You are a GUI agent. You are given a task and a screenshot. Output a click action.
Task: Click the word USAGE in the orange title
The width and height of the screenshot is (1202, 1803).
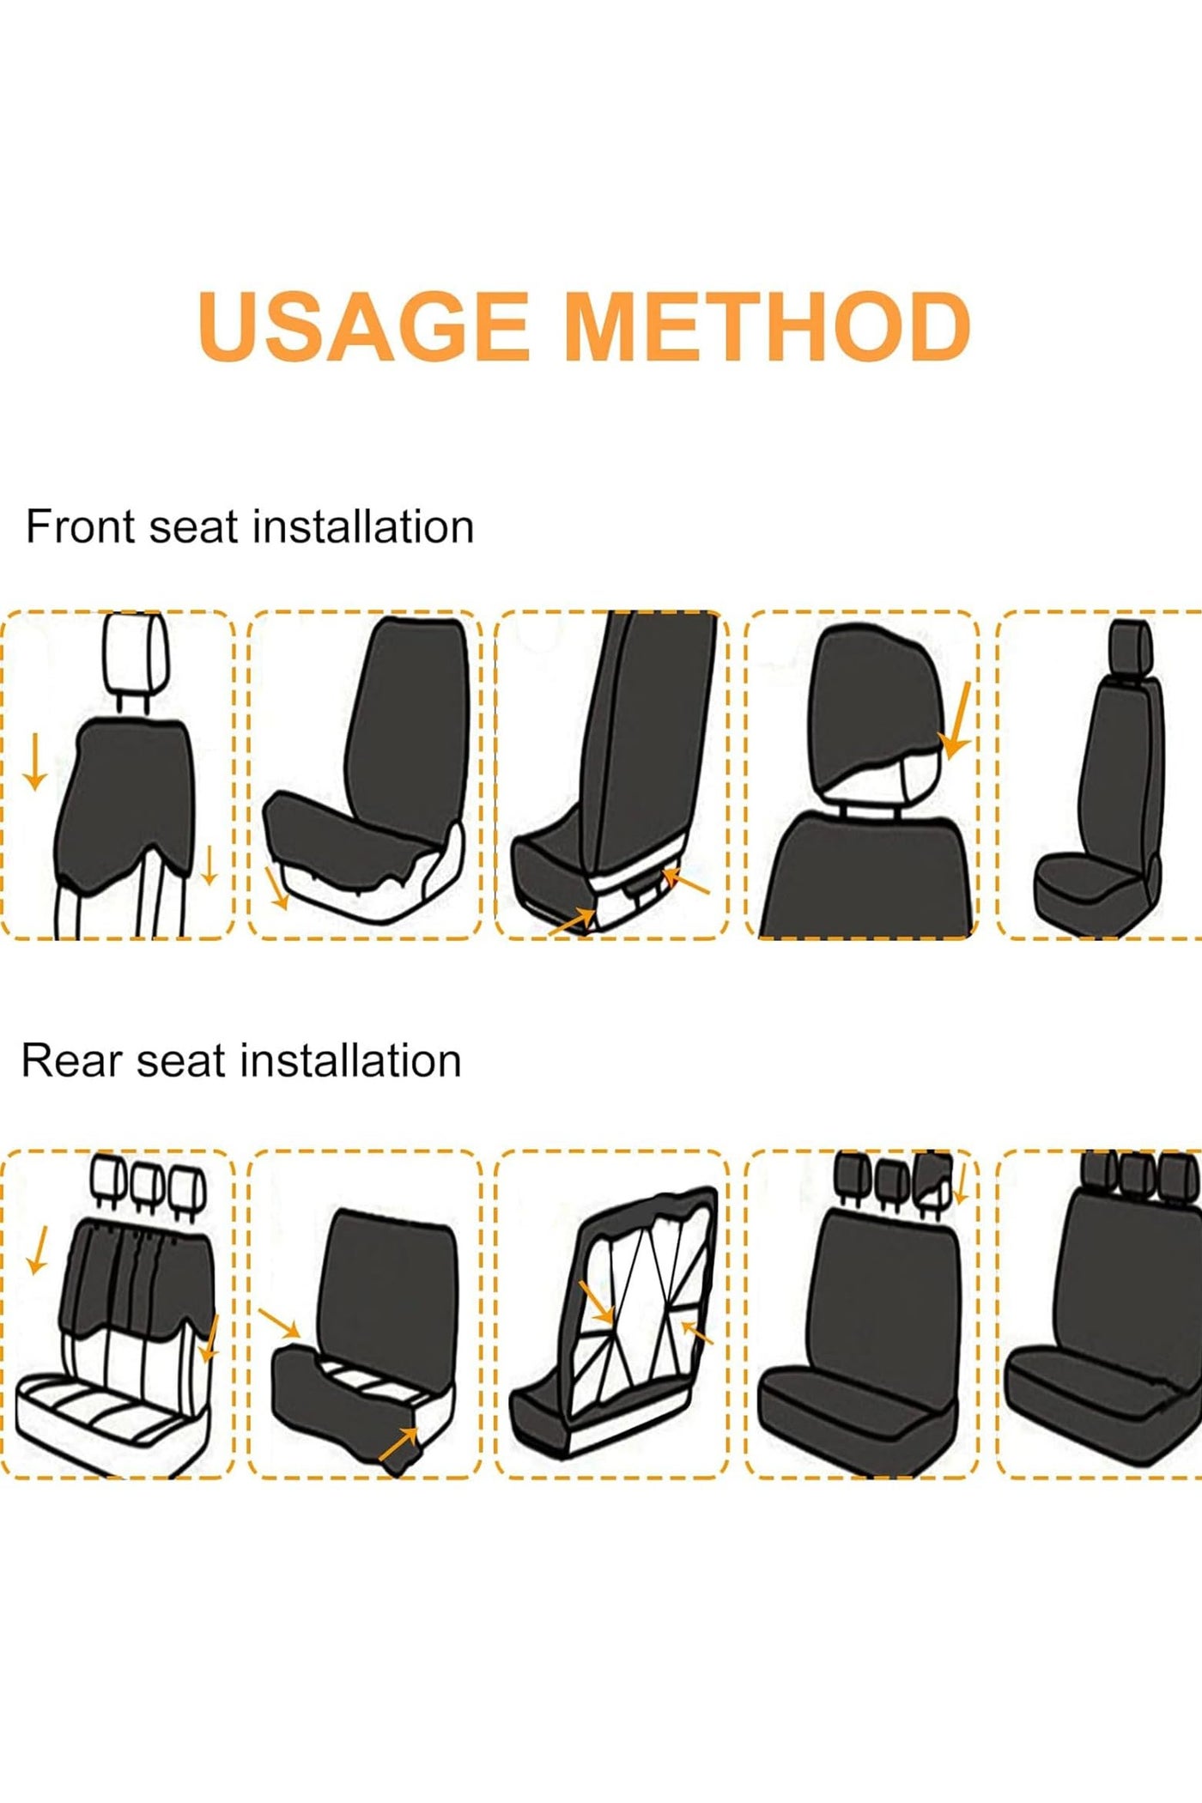click(364, 326)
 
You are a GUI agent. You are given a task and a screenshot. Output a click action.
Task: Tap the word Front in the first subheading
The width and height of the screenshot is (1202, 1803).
click(82, 526)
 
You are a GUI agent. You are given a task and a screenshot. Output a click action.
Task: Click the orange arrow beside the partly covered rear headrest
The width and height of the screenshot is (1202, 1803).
click(961, 1183)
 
